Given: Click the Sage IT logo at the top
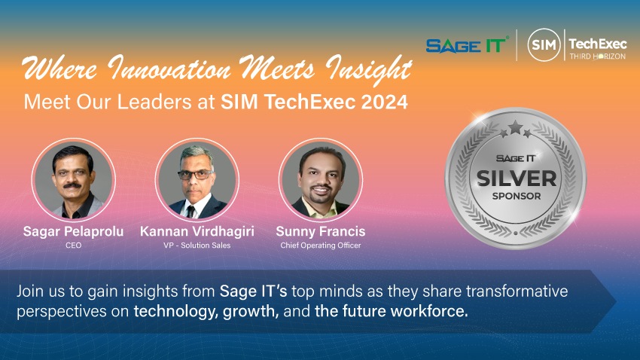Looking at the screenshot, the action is [x=467, y=45].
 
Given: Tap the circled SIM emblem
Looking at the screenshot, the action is [x=544, y=44].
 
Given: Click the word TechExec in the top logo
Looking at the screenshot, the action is [x=598, y=43].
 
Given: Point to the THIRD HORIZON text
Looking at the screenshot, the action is [x=598, y=56].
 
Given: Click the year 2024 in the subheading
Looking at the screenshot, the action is [x=385, y=102].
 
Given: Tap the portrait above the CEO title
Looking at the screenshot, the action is [x=74, y=179].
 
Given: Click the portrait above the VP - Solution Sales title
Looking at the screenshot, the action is [x=197, y=179].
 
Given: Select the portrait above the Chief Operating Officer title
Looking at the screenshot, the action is [x=321, y=179].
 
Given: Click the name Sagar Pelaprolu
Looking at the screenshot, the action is [x=74, y=231].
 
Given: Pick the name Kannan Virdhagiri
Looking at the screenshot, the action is [x=197, y=231].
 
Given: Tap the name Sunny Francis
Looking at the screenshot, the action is [x=321, y=231].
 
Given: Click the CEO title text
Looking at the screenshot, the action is [x=74, y=246].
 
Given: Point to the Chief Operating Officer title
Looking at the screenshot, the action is [x=321, y=246].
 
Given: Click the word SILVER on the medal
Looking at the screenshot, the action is [x=517, y=178].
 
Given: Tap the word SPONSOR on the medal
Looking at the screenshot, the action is [x=517, y=196].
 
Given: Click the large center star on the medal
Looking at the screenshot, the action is [x=516, y=127].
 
